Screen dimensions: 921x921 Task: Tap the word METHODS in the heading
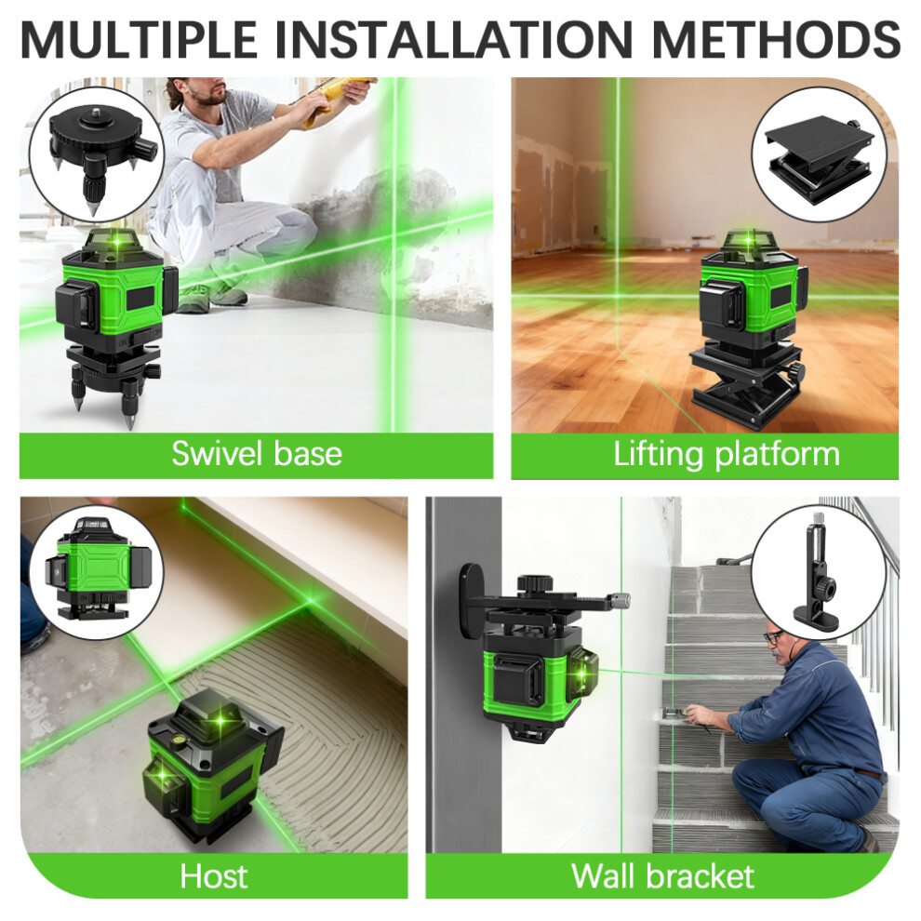[775, 38]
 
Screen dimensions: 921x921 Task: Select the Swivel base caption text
[257, 453]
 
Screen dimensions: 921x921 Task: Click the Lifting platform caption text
[727, 455]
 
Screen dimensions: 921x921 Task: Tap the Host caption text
[214, 876]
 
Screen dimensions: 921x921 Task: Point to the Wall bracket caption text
[662, 876]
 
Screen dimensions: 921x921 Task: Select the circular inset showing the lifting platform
[820, 154]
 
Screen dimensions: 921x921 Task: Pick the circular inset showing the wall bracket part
[819, 572]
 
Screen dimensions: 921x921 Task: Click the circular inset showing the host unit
[97, 573]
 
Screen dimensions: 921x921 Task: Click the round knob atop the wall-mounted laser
[535, 585]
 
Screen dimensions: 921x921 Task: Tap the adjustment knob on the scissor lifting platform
[795, 372]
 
